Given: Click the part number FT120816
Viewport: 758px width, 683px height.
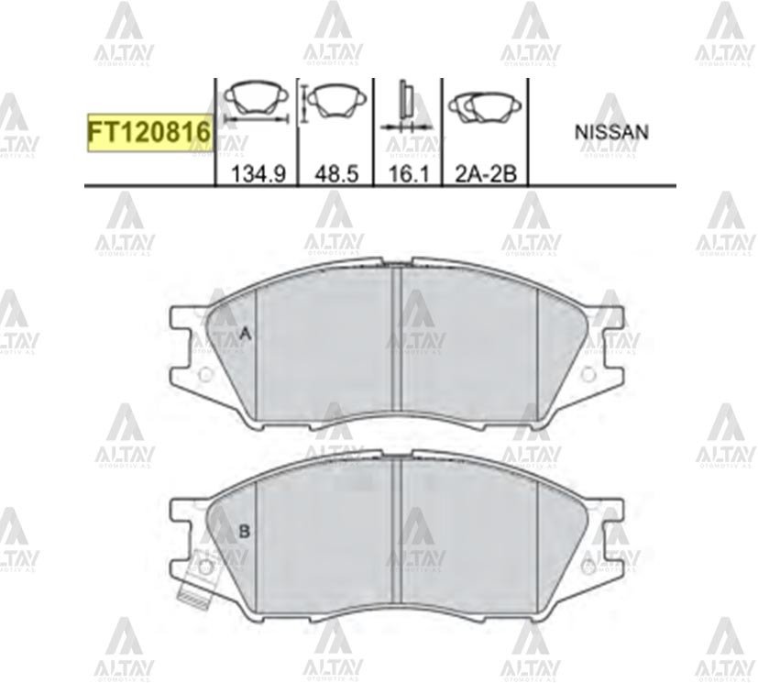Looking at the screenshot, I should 149,134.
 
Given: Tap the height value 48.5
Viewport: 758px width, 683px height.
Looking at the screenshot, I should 335,174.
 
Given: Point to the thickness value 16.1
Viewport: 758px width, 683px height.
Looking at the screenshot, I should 408,174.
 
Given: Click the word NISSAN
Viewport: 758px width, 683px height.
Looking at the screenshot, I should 611,132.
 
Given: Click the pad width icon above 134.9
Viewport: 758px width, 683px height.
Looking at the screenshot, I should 256,103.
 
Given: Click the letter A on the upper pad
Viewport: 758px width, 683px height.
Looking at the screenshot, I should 244,336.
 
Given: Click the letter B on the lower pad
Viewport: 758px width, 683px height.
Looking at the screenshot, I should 244,531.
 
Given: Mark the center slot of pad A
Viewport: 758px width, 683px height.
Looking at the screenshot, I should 397,339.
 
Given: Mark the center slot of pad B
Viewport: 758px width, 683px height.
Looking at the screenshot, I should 397,532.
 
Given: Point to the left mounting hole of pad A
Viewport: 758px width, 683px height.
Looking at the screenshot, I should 205,374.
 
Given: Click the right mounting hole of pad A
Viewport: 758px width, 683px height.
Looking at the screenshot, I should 589,374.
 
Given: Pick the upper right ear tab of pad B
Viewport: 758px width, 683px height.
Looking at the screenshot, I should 611,511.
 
